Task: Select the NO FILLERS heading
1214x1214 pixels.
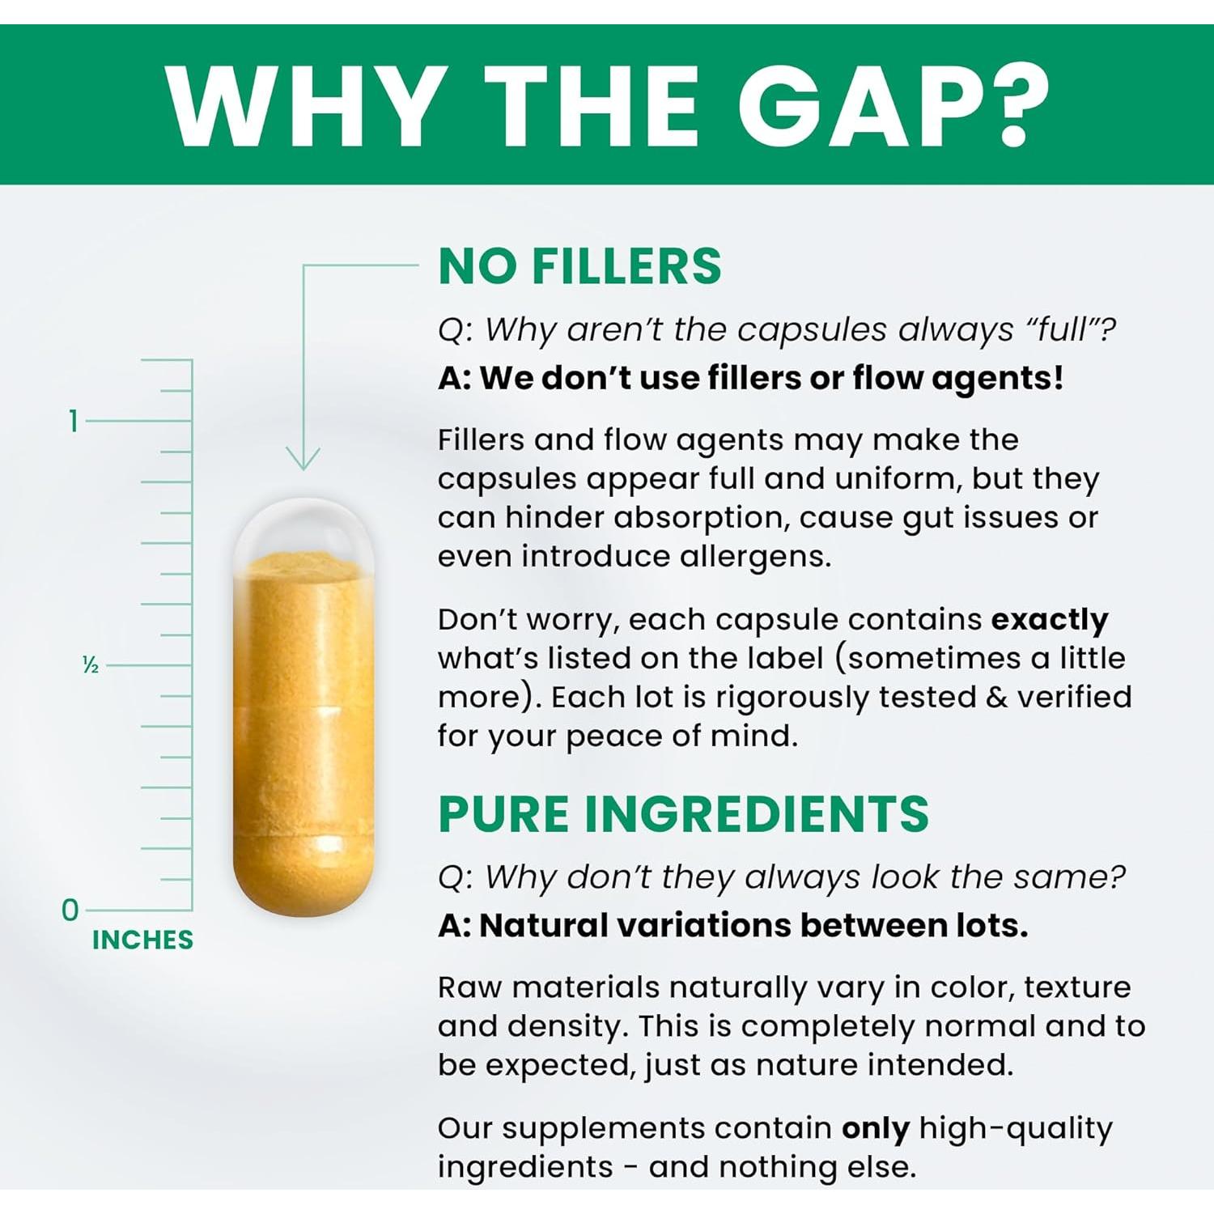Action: (579, 266)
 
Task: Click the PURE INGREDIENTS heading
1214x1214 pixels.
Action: (683, 814)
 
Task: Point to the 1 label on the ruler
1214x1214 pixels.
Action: (74, 421)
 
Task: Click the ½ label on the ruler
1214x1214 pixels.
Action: (91, 665)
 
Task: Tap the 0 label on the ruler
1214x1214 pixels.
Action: (70, 910)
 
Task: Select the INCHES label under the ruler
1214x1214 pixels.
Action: (142, 940)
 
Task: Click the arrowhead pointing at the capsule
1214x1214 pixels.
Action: (303, 459)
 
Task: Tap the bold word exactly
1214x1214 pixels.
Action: (1050, 621)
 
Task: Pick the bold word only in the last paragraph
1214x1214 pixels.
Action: (876, 1129)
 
